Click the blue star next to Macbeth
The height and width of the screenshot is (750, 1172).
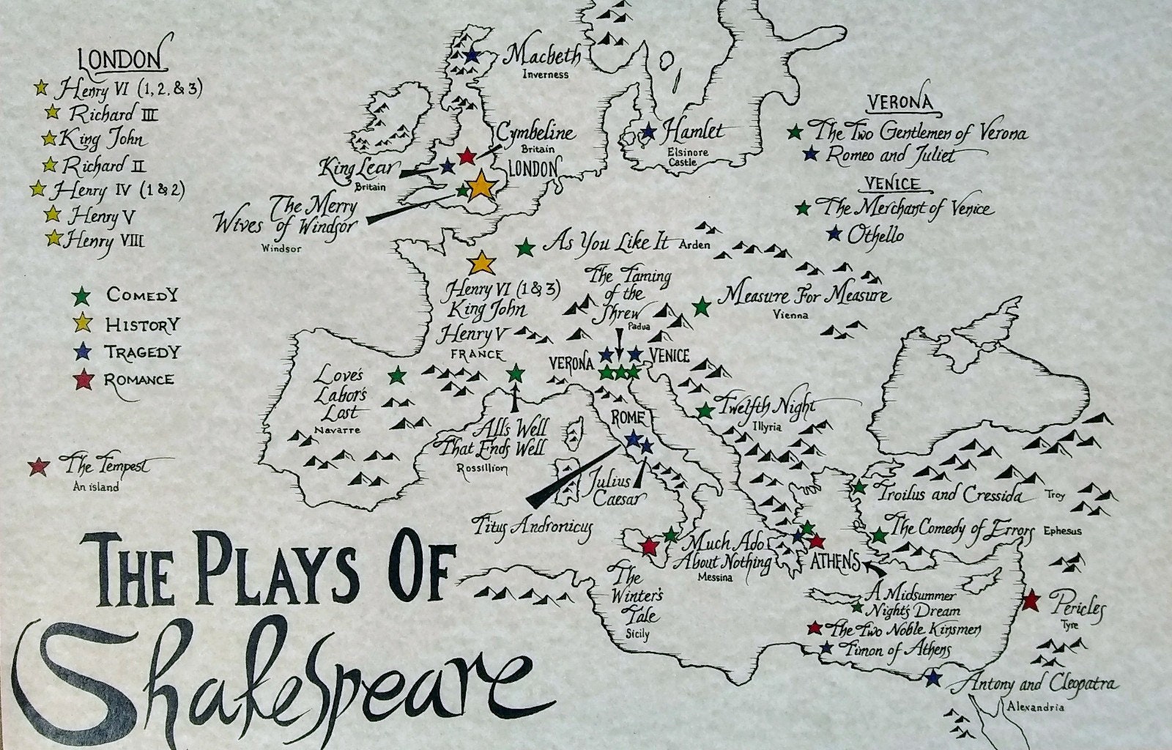point(471,55)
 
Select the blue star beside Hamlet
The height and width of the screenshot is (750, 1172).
point(648,132)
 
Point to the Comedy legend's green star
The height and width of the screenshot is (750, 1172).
point(84,296)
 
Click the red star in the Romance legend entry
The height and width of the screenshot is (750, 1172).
point(84,380)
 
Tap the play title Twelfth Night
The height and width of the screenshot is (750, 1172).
point(767,406)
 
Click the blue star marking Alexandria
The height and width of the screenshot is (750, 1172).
point(932,677)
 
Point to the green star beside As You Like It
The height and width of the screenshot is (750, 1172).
point(524,248)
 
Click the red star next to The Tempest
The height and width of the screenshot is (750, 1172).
point(37,465)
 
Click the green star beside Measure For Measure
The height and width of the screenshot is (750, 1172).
point(702,306)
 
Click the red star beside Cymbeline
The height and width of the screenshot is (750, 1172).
point(467,155)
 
